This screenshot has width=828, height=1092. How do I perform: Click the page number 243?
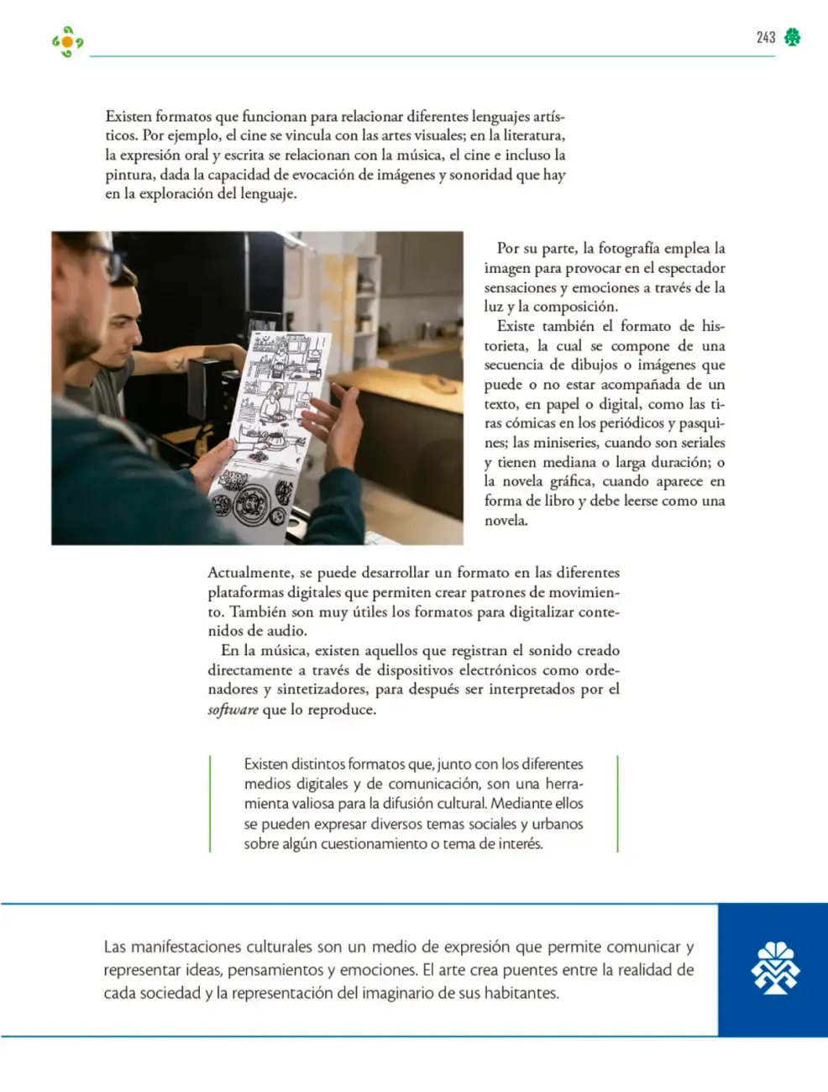(x=766, y=37)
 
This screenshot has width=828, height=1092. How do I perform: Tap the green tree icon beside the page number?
(x=792, y=37)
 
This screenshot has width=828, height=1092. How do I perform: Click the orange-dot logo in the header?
(x=68, y=42)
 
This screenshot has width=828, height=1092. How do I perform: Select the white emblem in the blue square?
(x=775, y=968)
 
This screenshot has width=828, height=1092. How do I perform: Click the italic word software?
(x=233, y=710)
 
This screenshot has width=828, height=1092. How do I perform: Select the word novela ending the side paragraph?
(x=506, y=520)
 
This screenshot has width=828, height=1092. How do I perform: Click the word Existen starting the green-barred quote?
(x=265, y=764)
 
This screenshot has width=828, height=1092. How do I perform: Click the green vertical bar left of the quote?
(x=210, y=804)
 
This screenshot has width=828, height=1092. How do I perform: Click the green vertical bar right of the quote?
(x=618, y=804)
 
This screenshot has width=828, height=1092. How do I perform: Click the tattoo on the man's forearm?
(x=178, y=364)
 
